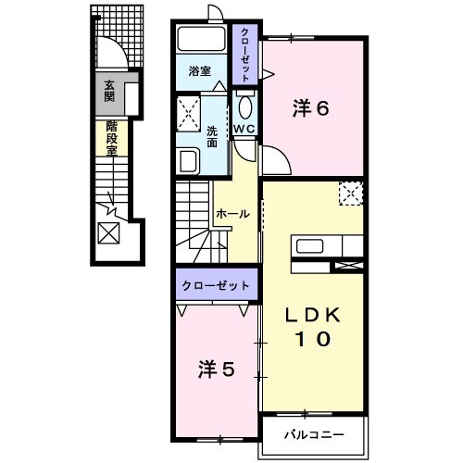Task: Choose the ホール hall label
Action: [x=231, y=214]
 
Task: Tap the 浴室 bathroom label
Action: [x=201, y=70]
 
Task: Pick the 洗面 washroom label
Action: [x=213, y=136]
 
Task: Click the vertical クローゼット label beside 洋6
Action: [x=245, y=55]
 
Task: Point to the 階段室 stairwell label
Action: [x=111, y=142]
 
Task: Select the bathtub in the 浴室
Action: [x=201, y=40]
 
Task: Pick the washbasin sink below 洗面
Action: [x=187, y=161]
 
